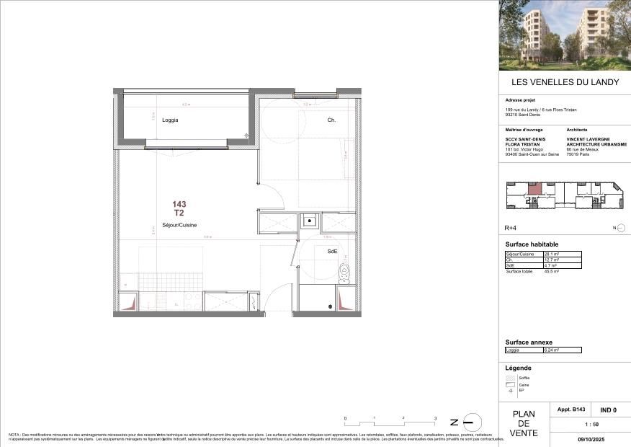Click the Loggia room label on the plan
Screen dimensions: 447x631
click(x=170, y=120)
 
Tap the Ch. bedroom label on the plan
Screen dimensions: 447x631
click(x=331, y=120)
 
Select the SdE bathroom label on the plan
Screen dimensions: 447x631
click(x=332, y=251)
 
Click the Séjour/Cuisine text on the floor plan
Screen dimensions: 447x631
click(x=180, y=225)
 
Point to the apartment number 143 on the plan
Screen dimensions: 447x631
click(x=179, y=205)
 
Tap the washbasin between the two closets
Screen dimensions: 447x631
click(x=309, y=221)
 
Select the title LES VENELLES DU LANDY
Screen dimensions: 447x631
click(x=565, y=82)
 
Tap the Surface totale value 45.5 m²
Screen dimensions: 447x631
click(x=553, y=272)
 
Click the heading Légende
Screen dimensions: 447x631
click(x=519, y=368)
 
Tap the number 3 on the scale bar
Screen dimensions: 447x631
click(x=434, y=418)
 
